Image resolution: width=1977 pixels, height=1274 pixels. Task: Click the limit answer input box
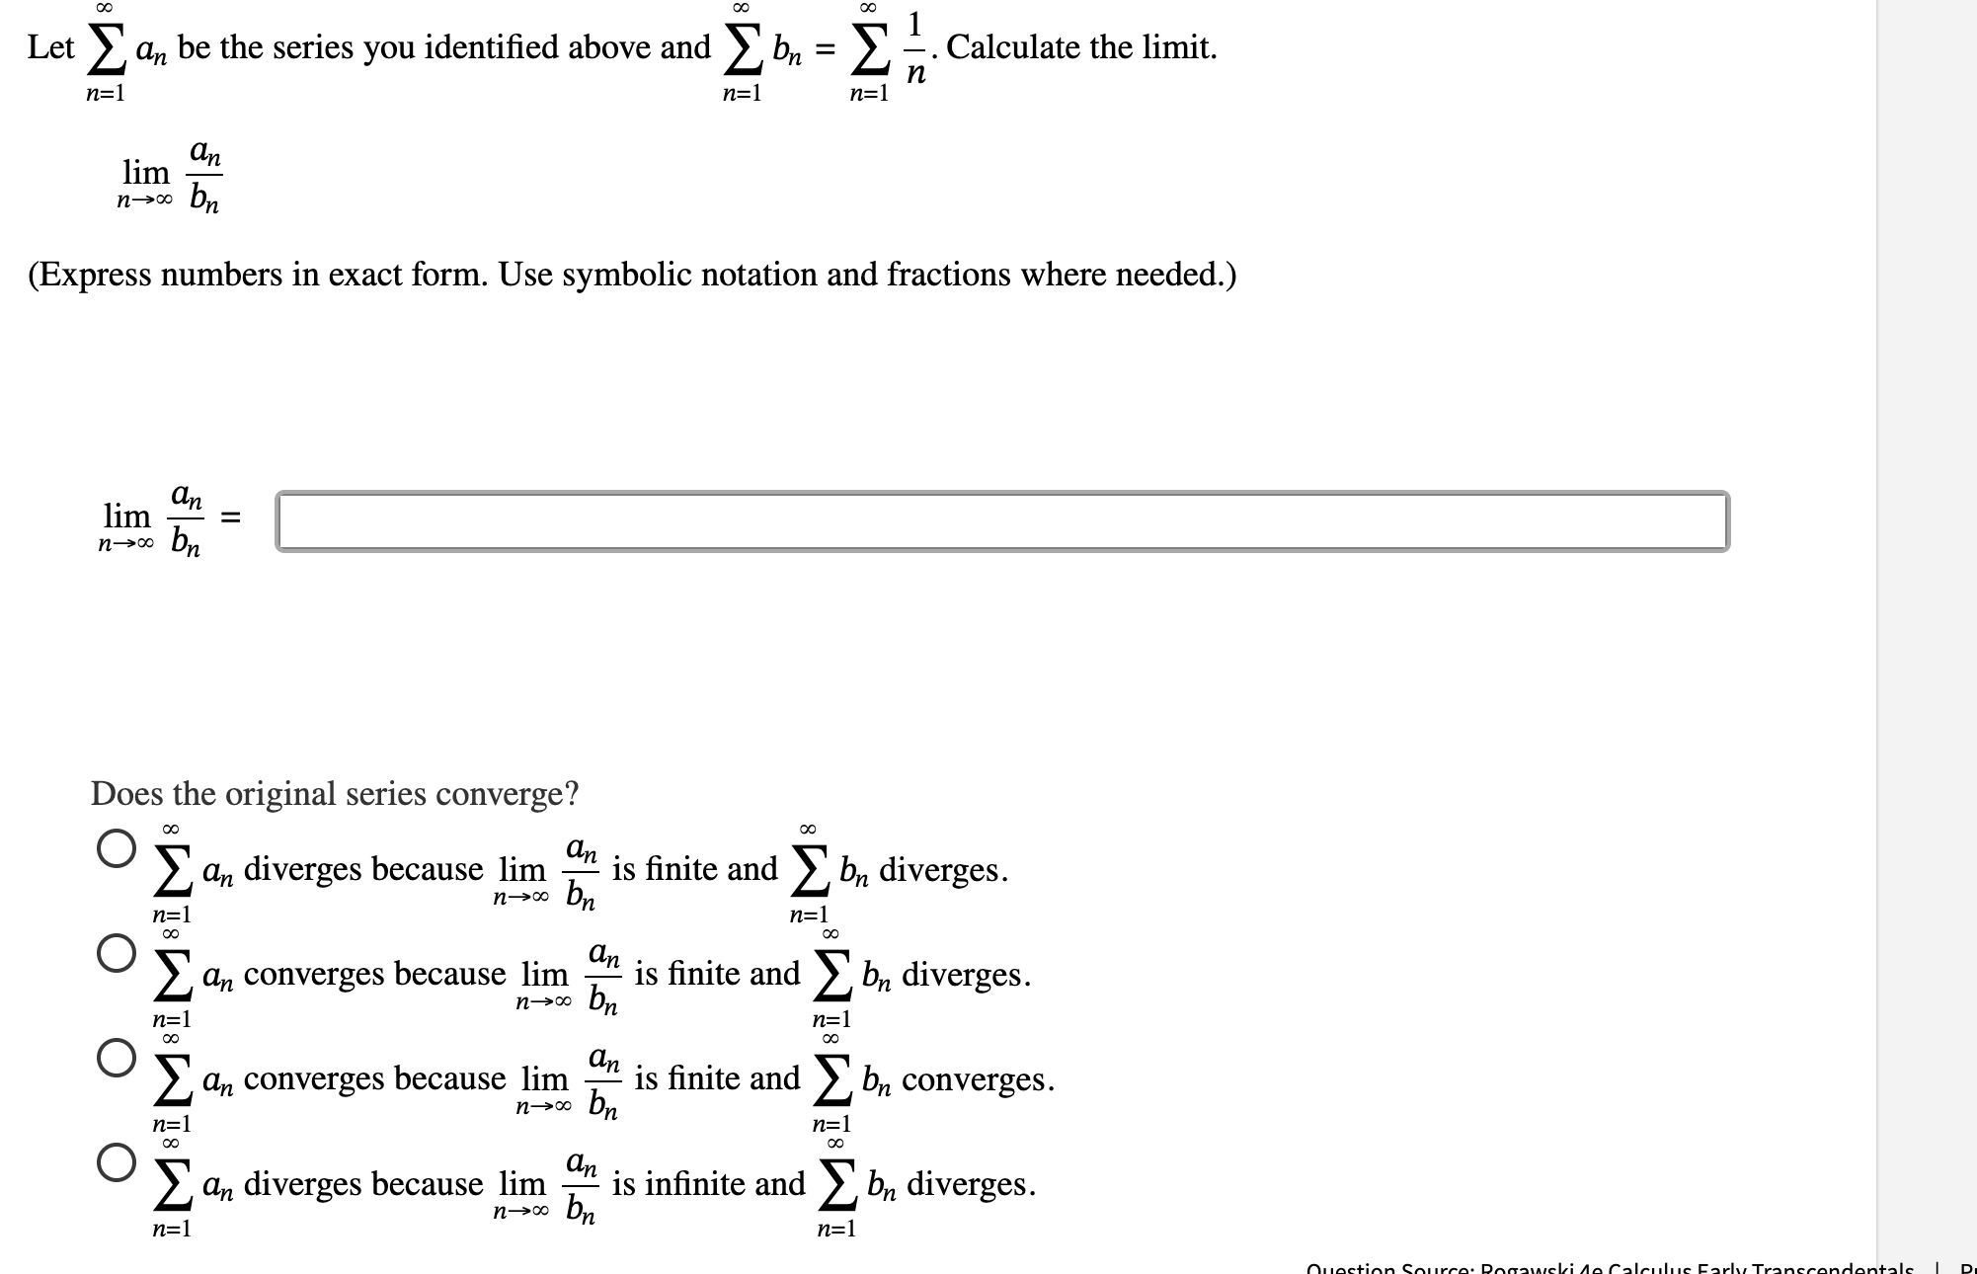(x=1001, y=520)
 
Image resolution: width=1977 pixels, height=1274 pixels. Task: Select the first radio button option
(x=117, y=848)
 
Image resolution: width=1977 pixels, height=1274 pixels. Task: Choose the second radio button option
(x=117, y=953)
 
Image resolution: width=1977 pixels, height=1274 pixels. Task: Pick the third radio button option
(x=117, y=1057)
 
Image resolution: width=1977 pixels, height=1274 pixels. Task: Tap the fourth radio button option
(x=117, y=1162)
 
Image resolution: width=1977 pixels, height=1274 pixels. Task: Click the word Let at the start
(x=50, y=47)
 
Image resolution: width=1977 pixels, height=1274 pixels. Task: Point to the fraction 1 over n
(x=915, y=47)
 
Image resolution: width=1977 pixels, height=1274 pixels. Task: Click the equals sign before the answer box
(x=230, y=518)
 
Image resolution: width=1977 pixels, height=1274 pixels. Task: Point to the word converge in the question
(x=502, y=793)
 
